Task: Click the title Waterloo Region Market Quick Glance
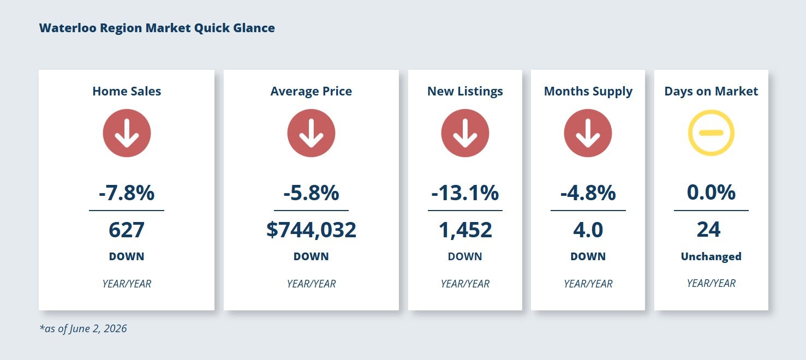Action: [x=157, y=28]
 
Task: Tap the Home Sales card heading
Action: [x=127, y=91]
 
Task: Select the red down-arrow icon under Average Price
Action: [x=311, y=133]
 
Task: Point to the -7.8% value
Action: [x=127, y=193]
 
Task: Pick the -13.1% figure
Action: [x=465, y=193]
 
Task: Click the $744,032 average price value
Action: [x=311, y=230]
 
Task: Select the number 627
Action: [x=127, y=230]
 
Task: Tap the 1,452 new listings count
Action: [x=465, y=230]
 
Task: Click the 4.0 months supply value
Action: [x=588, y=230]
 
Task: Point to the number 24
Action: [x=708, y=230]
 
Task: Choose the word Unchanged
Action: [x=711, y=256]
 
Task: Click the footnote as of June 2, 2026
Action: [x=83, y=328]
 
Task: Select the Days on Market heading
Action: [x=711, y=91]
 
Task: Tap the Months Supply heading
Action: [x=588, y=92]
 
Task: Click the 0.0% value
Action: [x=711, y=193]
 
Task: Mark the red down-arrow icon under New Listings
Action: [x=465, y=133]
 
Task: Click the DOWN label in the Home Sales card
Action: [x=127, y=256]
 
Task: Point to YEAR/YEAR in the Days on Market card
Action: [x=711, y=284]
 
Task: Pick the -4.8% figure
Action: [x=588, y=193]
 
